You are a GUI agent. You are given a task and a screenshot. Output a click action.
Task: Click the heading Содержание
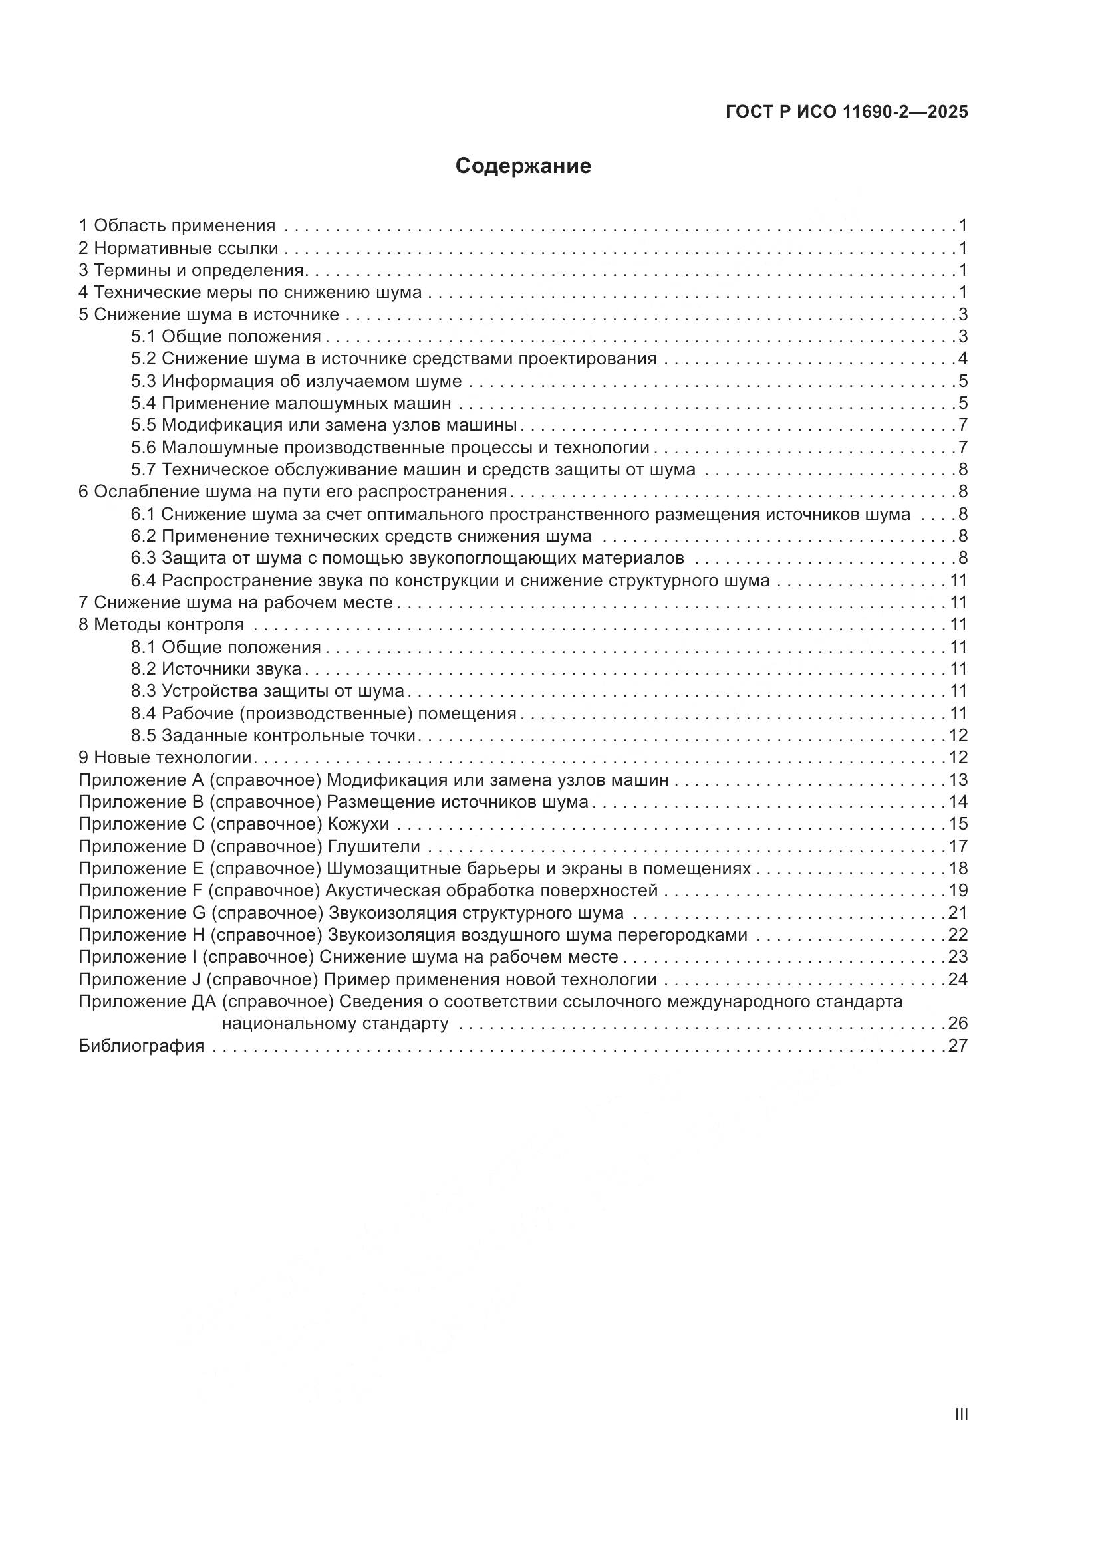[523, 166]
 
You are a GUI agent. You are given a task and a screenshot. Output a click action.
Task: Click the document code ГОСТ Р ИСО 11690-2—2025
[846, 112]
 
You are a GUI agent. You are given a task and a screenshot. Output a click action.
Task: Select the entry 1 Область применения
[177, 225]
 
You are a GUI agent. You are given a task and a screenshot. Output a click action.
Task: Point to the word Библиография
[141, 1046]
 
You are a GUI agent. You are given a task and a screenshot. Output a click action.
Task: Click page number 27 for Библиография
[958, 1046]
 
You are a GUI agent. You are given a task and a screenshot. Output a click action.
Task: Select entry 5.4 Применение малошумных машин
[291, 404]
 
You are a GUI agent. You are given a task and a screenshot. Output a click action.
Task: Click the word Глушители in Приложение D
[374, 846]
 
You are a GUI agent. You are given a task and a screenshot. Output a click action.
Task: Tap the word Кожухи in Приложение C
[358, 824]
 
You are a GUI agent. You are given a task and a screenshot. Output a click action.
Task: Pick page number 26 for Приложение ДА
[958, 1023]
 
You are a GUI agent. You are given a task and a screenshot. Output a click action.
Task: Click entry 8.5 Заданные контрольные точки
[273, 735]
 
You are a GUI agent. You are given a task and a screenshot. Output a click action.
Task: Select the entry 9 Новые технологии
[166, 757]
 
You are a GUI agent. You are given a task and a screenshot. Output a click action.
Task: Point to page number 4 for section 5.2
[962, 359]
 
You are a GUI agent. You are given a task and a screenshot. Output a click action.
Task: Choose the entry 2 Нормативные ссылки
[178, 248]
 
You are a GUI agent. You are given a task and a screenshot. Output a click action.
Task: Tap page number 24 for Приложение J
[958, 979]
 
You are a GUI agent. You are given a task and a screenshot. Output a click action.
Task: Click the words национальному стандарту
[335, 1023]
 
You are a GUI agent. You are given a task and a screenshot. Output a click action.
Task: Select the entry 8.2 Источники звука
[216, 669]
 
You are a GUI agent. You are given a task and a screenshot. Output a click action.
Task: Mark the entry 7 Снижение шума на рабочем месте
[235, 603]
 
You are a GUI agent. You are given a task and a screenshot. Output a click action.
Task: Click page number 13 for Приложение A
[958, 780]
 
